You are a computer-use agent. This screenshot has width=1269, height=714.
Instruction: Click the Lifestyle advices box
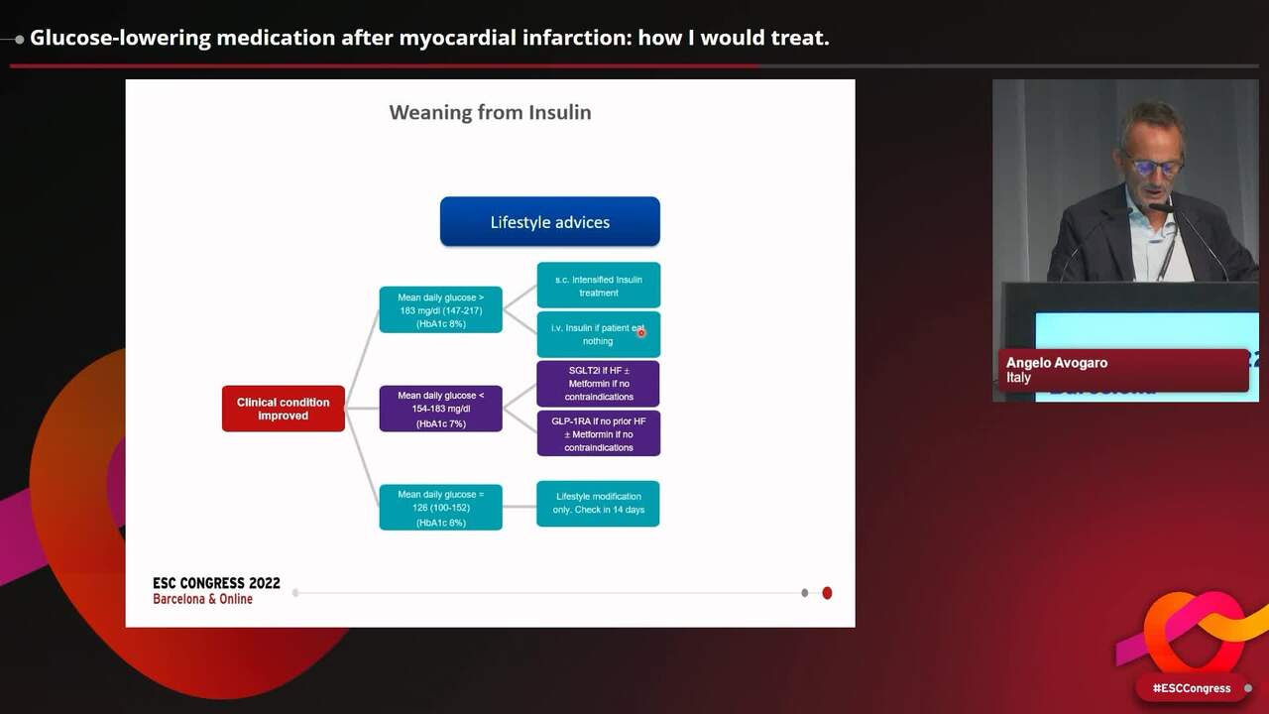[x=549, y=221]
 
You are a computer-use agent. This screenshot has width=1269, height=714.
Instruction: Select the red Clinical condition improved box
[x=284, y=409]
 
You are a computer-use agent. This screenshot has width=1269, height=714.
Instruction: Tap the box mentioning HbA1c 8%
[x=440, y=309]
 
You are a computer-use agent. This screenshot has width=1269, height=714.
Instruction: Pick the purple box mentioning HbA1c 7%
[x=440, y=409]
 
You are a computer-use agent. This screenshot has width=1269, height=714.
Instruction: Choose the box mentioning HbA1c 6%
[x=440, y=508]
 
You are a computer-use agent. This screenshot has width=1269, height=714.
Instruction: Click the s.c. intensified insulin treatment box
[x=598, y=286]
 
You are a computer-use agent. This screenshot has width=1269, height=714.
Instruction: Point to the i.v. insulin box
[x=598, y=334]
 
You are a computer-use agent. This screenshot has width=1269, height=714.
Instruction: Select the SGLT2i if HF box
[x=598, y=384]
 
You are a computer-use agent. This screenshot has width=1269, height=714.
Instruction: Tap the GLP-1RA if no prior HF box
[x=598, y=433]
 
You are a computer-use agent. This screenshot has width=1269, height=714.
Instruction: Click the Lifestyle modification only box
[x=598, y=503]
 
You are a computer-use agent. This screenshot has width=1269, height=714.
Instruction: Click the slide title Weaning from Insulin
[x=490, y=112]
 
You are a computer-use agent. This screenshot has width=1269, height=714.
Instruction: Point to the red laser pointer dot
[x=641, y=333]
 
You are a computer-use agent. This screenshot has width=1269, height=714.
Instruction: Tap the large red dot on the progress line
[x=827, y=593]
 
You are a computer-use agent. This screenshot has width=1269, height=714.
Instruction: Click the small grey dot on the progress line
[x=804, y=593]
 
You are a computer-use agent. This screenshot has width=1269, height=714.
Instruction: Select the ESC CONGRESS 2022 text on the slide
[x=216, y=583]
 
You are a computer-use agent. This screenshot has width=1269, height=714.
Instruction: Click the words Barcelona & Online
[x=202, y=599]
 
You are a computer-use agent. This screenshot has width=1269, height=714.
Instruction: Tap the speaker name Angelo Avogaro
[x=1057, y=363]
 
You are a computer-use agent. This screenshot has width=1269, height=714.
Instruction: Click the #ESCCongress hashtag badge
[x=1191, y=688]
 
